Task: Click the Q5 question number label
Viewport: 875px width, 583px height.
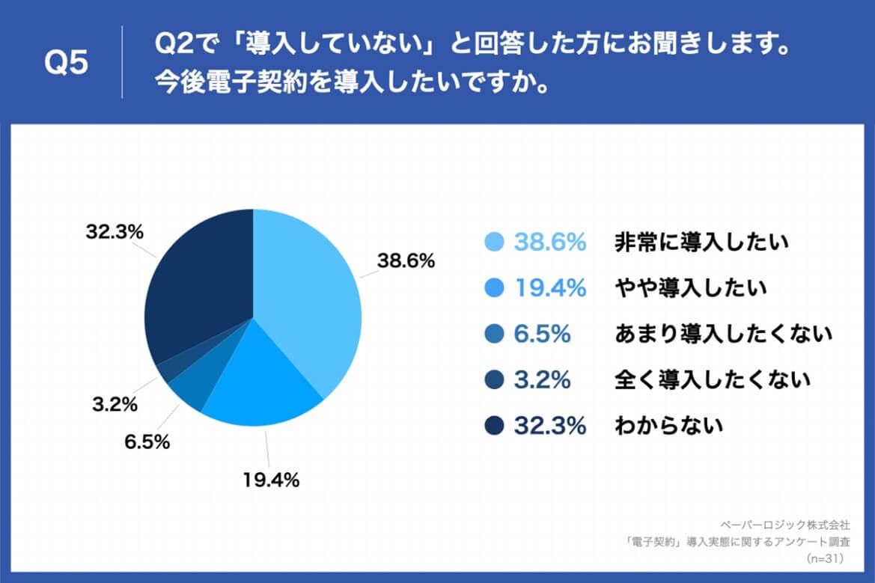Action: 67,63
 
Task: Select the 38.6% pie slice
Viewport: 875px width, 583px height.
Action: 307,299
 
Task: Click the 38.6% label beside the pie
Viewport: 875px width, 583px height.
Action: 405,261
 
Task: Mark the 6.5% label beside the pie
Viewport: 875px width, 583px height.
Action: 147,442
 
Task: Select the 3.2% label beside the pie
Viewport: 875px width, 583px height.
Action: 115,406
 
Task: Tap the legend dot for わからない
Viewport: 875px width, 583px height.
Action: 494,426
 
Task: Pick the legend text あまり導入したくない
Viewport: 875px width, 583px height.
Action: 723,334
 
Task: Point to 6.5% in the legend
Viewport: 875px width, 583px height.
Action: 542,335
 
